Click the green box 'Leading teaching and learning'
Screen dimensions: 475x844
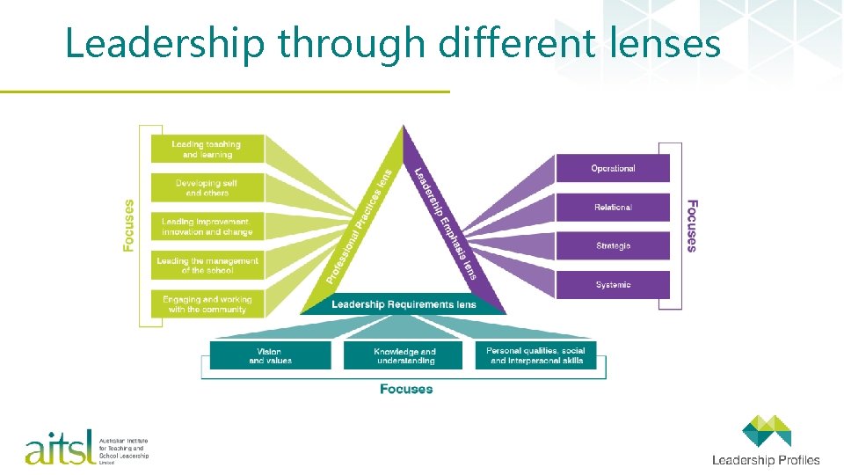click(x=207, y=150)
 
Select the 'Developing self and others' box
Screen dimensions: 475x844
click(x=207, y=187)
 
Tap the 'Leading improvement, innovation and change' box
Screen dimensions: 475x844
click(x=207, y=227)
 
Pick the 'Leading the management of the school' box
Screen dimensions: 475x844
click(x=207, y=266)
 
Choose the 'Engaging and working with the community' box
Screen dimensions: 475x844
click(x=207, y=304)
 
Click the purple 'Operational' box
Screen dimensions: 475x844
click(x=613, y=168)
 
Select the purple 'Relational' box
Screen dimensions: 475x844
click(x=613, y=207)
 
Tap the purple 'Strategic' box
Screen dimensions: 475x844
click(x=613, y=245)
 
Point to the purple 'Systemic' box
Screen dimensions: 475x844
click(x=613, y=284)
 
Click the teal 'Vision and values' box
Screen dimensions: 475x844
click(x=270, y=355)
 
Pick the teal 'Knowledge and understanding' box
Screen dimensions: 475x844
click(x=405, y=355)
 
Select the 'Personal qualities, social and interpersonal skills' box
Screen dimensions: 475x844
click(x=537, y=355)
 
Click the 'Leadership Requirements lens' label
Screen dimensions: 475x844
click(x=404, y=304)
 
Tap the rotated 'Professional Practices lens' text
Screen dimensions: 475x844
click(x=359, y=227)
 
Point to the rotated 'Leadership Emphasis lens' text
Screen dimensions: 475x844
click(x=446, y=224)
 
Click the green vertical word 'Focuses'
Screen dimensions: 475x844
click(x=129, y=225)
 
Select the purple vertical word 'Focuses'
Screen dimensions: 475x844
click(x=692, y=225)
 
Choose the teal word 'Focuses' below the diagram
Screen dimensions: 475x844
click(x=406, y=389)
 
